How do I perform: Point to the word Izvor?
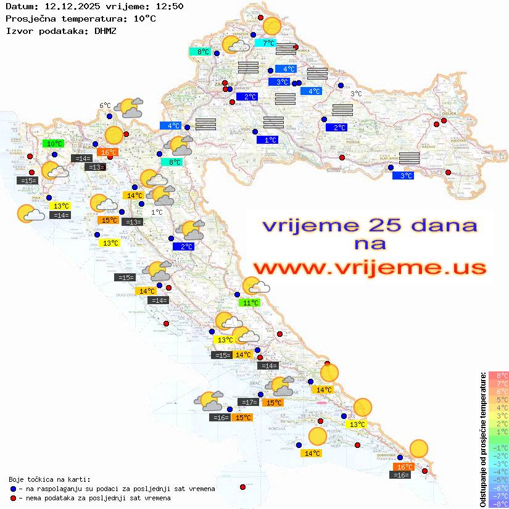pos(18,30)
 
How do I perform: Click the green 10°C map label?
pos(54,144)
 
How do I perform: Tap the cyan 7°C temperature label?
pos(268,43)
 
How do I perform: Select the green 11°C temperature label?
pos(249,303)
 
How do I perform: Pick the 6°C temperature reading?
pos(105,106)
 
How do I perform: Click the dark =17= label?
pos(249,402)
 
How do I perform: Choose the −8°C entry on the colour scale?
pos(498,503)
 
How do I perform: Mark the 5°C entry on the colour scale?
pos(498,399)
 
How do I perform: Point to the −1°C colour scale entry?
pos(498,447)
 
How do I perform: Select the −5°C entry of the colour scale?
pos(498,479)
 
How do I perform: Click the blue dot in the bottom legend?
pos(13,489)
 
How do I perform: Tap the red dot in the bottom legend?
pos(13,498)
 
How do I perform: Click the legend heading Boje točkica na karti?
pos(49,479)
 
